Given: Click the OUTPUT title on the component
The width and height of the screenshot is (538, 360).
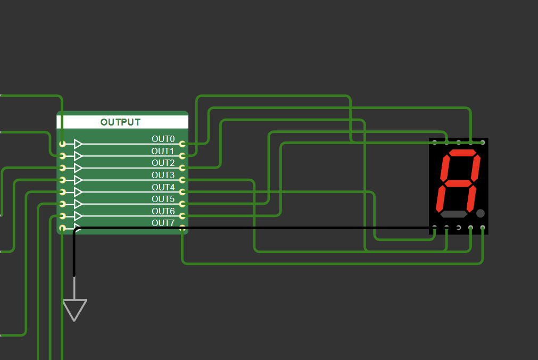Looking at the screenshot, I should click(121, 122).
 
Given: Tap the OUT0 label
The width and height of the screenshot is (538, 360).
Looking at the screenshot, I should click(163, 139).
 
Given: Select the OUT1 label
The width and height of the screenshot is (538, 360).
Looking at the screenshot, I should click(163, 151).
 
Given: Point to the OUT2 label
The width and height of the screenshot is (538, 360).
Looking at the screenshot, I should click(163, 163).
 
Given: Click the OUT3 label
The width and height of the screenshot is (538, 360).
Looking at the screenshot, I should click(163, 175).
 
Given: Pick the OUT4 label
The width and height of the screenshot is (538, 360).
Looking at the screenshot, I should click(163, 187).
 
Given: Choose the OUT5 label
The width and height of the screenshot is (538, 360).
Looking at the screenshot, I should click(163, 199).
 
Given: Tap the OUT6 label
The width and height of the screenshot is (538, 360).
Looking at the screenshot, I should click(163, 211).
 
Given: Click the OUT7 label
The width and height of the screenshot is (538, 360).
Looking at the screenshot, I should click(163, 223).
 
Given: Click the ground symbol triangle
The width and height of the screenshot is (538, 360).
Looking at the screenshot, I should click(75, 308).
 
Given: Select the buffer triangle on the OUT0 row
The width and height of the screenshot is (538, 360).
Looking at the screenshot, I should click(78, 144).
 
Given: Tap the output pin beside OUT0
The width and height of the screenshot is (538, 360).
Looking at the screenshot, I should click(183, 144).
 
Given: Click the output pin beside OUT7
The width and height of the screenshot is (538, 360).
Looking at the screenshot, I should click(183, 228).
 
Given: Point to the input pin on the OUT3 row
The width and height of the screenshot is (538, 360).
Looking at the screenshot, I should click(62, 180).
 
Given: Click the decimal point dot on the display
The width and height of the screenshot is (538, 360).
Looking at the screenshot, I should click(481, 213).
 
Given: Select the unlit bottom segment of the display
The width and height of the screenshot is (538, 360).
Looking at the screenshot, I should click(453, 214).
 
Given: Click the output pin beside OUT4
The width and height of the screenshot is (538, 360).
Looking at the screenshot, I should click(183, 192).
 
